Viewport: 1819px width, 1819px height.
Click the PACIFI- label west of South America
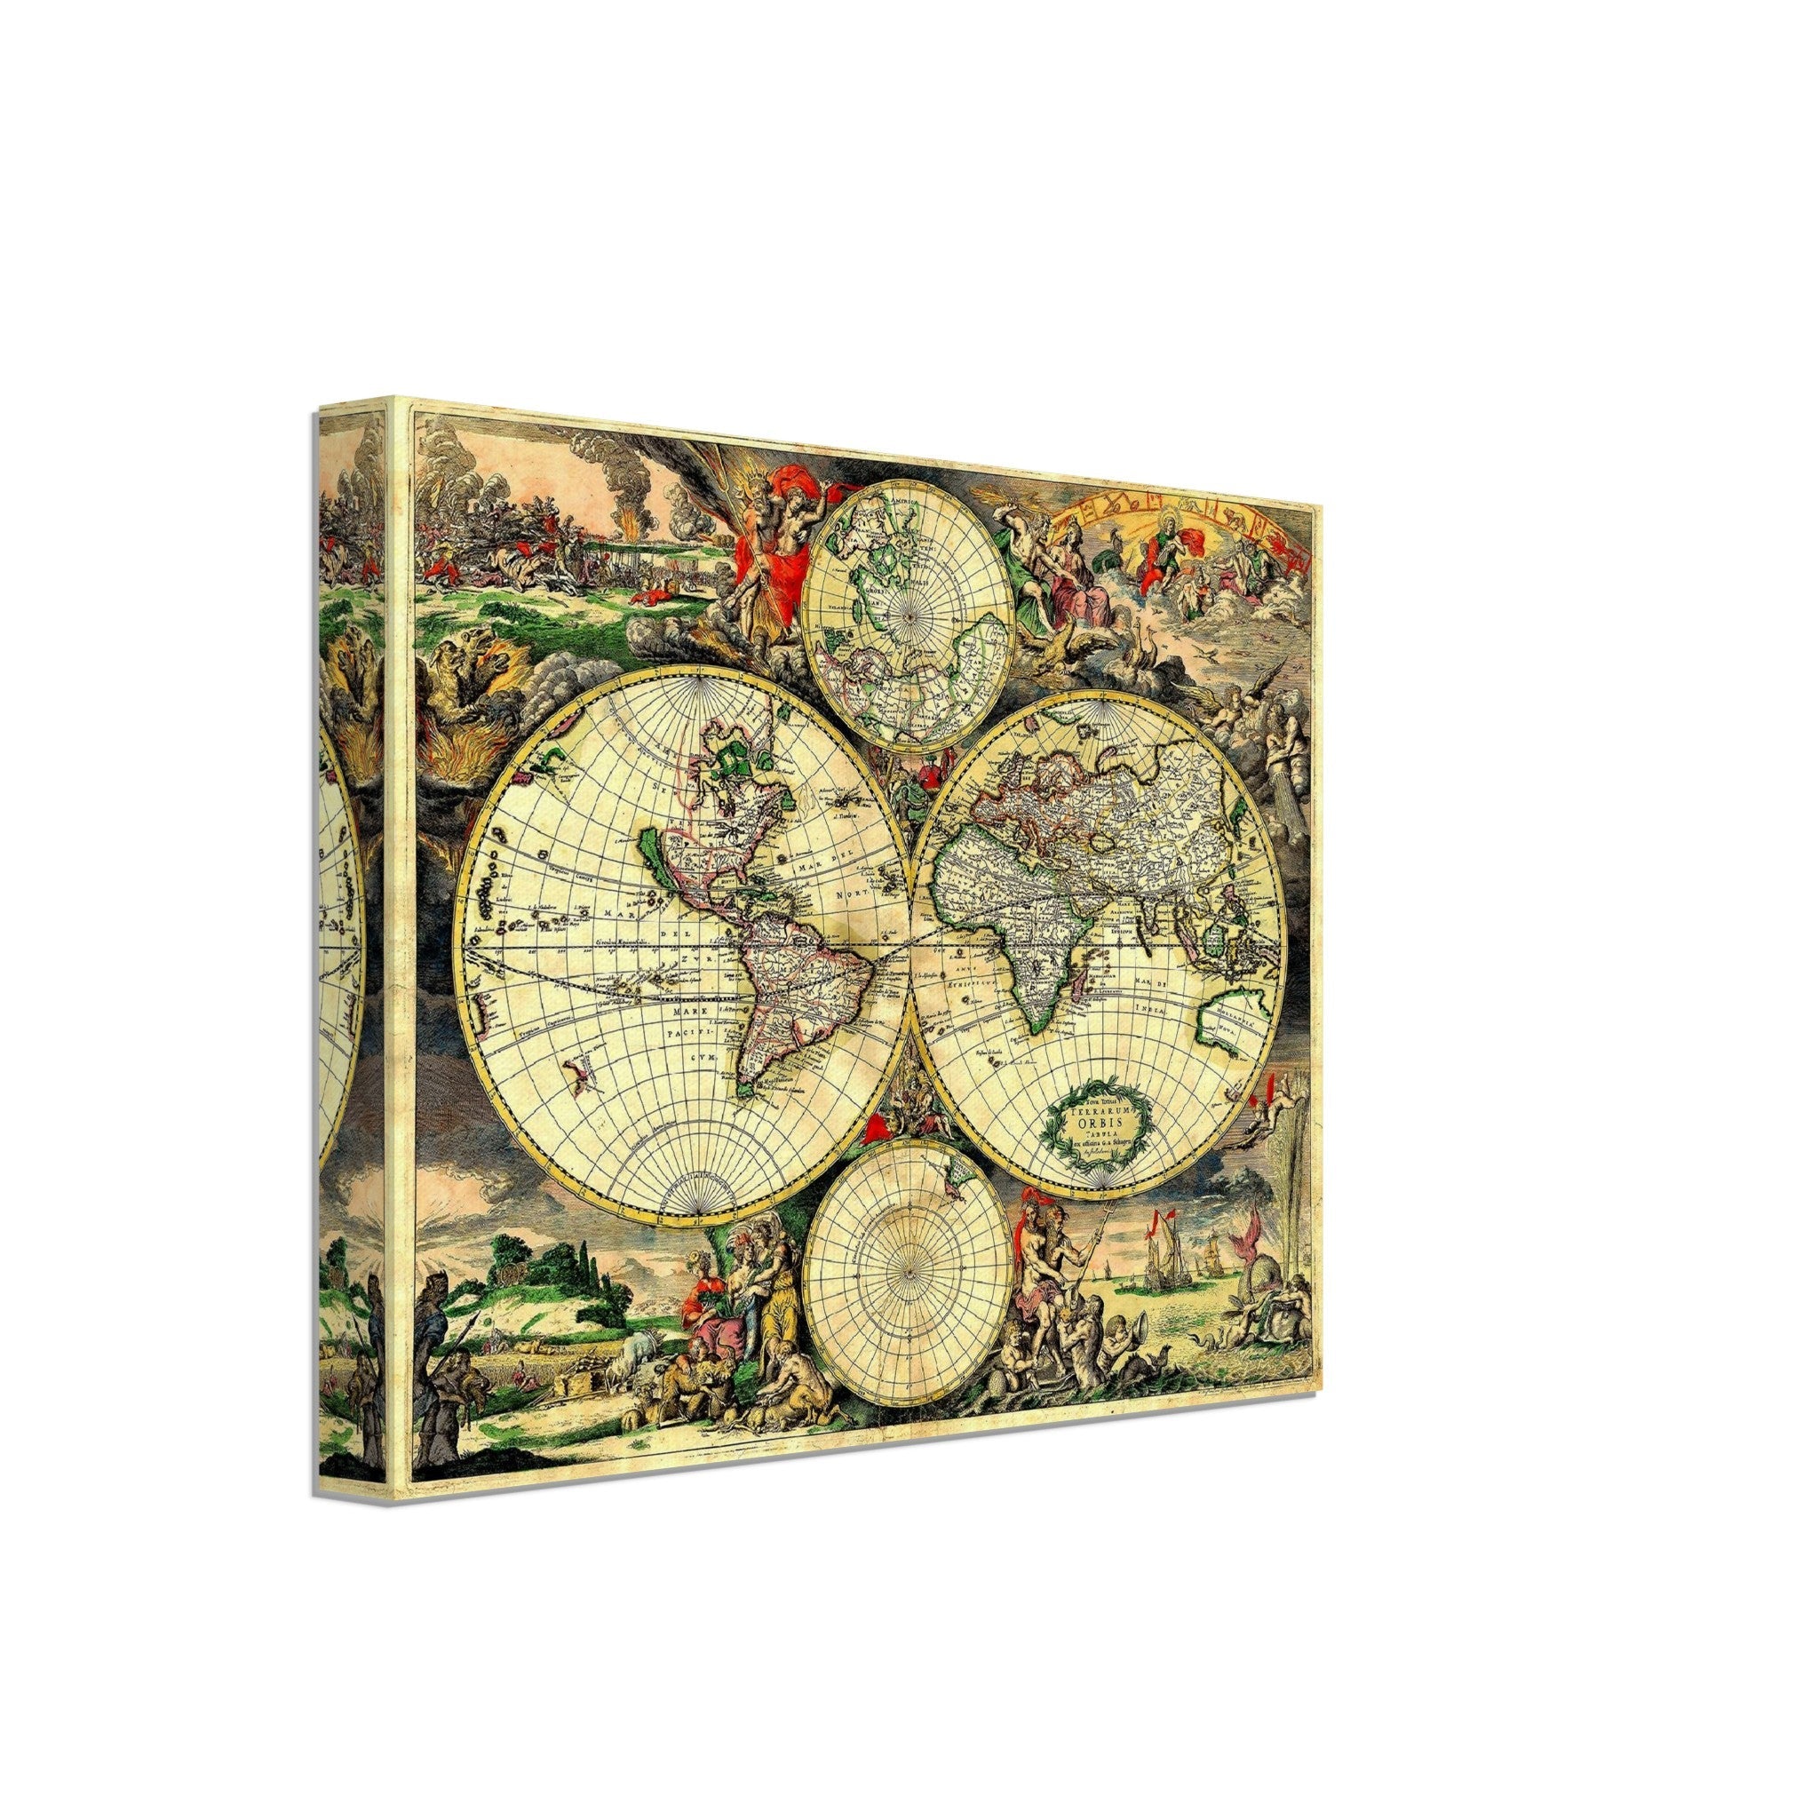(x=692, y=1034)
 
